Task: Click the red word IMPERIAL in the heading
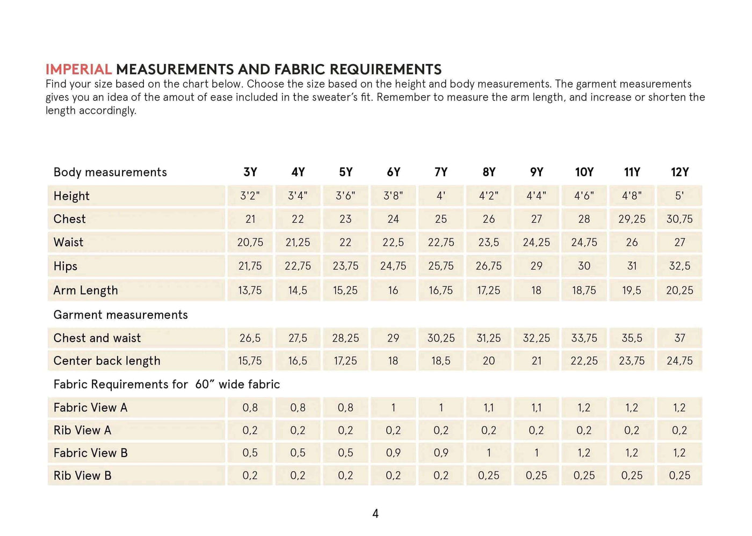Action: [78, 69]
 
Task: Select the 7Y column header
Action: [441, 172]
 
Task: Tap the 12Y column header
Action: [679, 172]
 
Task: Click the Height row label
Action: [71, 196]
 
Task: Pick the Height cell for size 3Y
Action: [250, 196]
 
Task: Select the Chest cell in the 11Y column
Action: [632, 219]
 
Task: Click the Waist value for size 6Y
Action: [393, 242]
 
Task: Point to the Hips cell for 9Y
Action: [536, 266]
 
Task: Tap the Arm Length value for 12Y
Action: [679, 290]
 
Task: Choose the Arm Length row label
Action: [85, 290]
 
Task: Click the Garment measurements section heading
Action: [120, 315]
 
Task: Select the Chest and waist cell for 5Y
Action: [345, 338]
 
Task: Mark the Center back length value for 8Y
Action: [489, 361]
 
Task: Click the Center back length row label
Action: [107, 361]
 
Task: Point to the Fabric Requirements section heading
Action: [167, 385]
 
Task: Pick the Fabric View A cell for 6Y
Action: [393, 408]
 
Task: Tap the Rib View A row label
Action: [82, 430]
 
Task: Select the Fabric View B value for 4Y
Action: [298, 453]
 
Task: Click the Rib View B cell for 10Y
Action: [584, 475]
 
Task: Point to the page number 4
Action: [375, 514]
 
